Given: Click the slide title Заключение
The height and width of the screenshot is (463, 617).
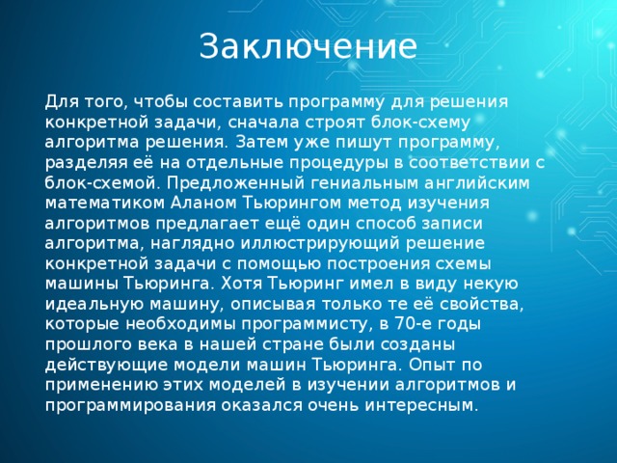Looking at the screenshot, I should click(x=308, y=46).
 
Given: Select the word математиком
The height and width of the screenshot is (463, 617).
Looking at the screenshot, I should click(x=94, y=204).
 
